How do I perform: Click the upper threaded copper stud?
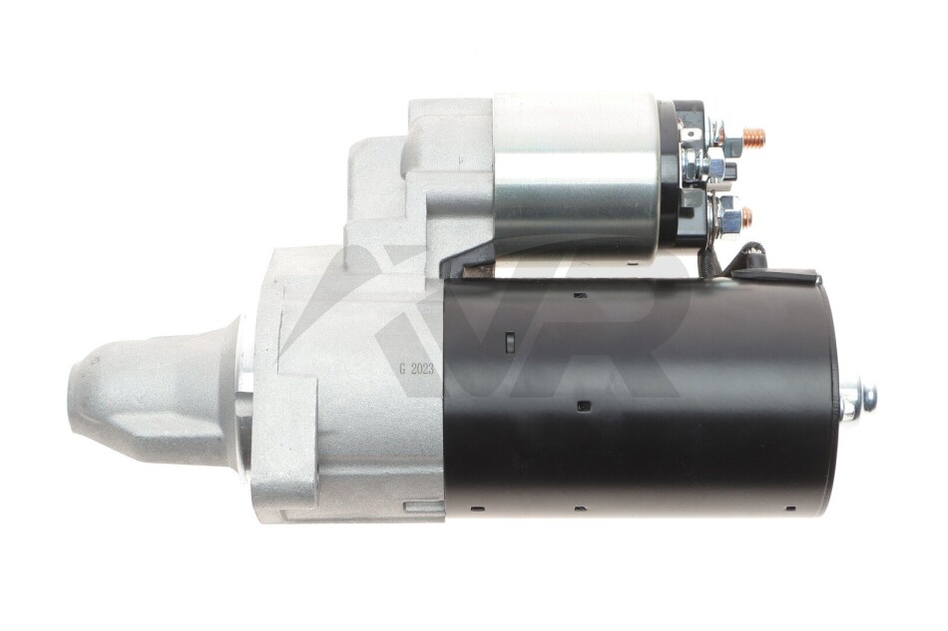(x=753, y=139)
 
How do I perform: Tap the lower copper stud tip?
(x=747, y=216)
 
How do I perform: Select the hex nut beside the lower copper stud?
(x=728, y=215)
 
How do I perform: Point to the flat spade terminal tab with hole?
(x=690, y=135)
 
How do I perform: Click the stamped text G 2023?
(x=416, y=369)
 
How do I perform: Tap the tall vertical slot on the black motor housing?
(x=509, y=341)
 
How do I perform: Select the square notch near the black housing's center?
(x=584, y=406)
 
